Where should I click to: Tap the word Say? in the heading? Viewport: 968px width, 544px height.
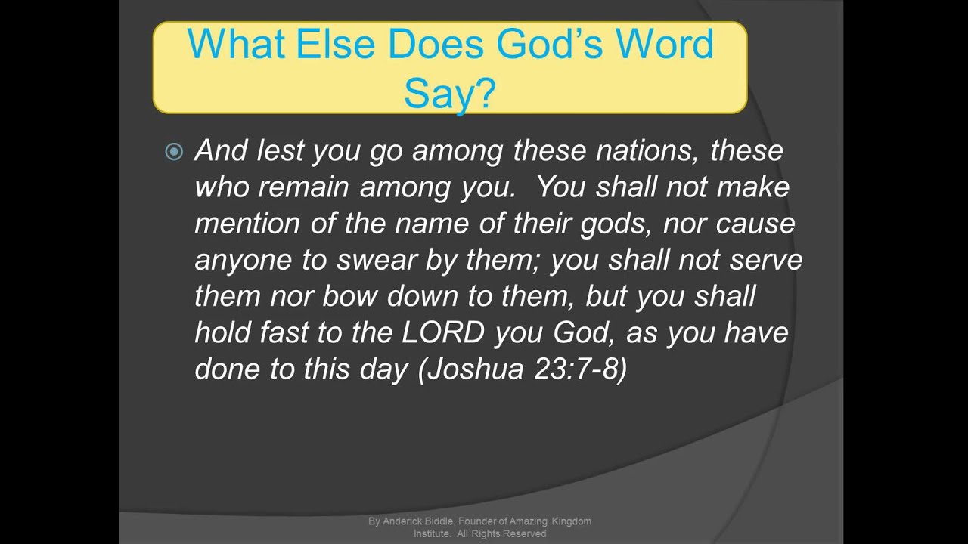coord(449,94)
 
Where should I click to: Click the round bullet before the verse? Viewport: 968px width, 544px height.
coord(174,152)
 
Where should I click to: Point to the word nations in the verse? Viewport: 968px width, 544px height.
coord(648,151)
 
